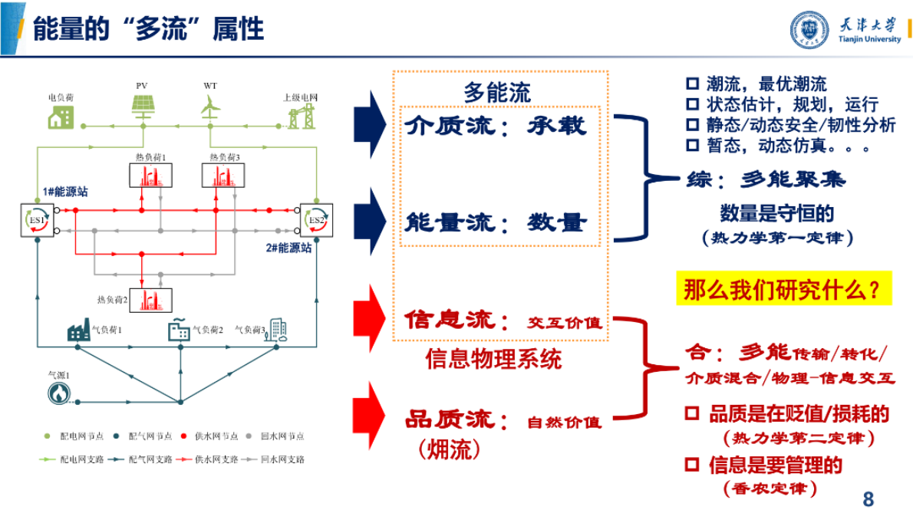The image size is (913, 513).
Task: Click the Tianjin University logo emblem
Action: point(809,30)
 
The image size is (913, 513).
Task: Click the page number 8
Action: point(868,499)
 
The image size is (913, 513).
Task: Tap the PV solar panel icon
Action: point(142,107)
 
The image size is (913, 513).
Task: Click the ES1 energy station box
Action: point(37,220)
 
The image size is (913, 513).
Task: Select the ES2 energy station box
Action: point(316,220)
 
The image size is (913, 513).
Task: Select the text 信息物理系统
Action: point(493,358)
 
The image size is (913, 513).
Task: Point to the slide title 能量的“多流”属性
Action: point(148,30)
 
